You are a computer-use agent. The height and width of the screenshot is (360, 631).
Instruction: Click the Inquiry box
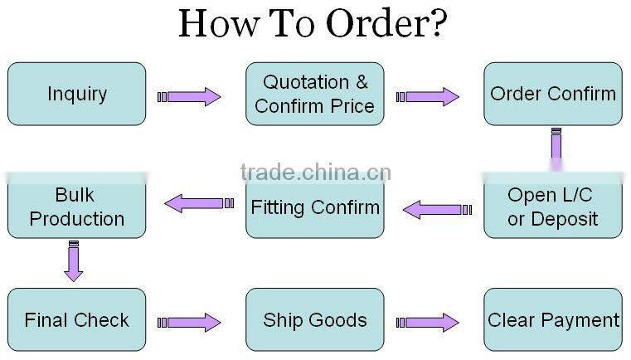[x=76, y=94]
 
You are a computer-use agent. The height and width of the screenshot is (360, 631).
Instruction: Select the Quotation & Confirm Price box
[x=314, y=94]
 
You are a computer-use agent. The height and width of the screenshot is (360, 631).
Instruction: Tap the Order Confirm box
[x=553, y=94]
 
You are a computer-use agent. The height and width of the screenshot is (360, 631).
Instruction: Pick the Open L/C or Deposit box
[x=553, y=207]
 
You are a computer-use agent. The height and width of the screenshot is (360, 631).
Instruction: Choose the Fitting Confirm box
[x=314, y=207]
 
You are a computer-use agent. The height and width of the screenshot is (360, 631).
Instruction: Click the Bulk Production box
[x=76, y=207]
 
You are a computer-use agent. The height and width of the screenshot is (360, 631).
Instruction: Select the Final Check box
[x=76, y=319]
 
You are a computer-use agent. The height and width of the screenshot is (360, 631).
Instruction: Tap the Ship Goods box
[x=314, y=319]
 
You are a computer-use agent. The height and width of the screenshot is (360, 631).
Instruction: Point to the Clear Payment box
[x=553, y=319]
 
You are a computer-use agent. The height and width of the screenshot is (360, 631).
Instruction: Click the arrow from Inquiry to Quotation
[x=190, y=97]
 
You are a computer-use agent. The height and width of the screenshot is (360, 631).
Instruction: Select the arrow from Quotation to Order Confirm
[x=428, y=97]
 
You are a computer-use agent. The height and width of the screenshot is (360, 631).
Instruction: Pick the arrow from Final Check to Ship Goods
[x=190, y=322]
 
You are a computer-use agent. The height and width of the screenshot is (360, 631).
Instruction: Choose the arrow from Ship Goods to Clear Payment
[x=428, y=322]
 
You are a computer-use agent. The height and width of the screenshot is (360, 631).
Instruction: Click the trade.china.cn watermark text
[x=315, y=173]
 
